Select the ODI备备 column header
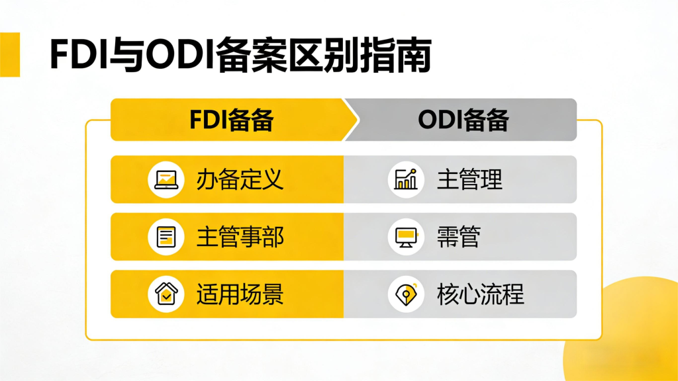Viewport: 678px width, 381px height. [463, 120]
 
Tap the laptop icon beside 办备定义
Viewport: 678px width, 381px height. [166, 179]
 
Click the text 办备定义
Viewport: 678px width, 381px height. [240, 179]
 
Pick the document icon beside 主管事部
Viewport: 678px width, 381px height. [166, 237]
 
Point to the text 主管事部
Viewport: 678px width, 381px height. [240, 237]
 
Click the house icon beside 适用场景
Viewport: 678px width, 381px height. [166, 294]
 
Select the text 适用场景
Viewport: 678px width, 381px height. [240, 294]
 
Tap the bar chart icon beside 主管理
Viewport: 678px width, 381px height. [405, 179]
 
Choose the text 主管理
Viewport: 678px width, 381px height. [469, 179]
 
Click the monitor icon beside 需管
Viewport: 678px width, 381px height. [405, 237]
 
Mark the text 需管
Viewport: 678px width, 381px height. [458, 237]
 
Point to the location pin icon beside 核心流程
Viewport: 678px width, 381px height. [405, 294]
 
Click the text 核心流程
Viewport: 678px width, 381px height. [481, 294]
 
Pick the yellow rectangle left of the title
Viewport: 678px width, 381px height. [10, 55]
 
